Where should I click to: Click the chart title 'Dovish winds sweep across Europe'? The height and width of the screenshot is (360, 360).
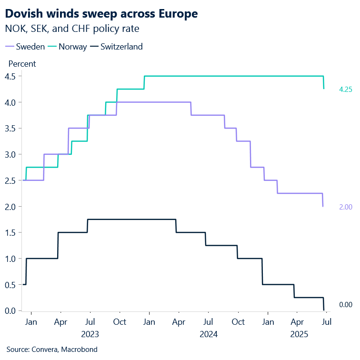coord(101,14)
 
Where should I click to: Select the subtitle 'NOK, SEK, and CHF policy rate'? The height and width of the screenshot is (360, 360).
coord(72,29)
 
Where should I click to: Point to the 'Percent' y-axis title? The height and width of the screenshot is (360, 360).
coord(22,64)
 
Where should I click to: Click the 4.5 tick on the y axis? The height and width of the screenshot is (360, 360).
coord(10,76)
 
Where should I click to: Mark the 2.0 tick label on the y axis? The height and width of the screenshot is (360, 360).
coord(10,207)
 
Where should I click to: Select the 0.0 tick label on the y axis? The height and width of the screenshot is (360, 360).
coord(10,311)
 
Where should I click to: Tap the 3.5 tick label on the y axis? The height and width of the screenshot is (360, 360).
coord(10,128)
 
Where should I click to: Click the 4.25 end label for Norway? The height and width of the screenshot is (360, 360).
coord(345,90)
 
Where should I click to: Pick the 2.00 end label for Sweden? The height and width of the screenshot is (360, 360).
coord(345,207)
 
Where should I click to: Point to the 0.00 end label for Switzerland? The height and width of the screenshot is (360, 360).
coord(345,305)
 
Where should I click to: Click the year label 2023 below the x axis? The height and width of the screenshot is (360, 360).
coord(90,334)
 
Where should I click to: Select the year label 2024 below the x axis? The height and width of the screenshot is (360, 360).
coord(209,334)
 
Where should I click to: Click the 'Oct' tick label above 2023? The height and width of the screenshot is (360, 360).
coord(120,322)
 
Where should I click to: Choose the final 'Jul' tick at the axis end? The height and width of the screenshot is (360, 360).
coord(327,322)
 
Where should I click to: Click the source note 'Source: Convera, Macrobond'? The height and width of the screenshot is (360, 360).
coord(52,350)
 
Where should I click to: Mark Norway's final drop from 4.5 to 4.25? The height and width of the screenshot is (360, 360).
coord(324,82)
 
